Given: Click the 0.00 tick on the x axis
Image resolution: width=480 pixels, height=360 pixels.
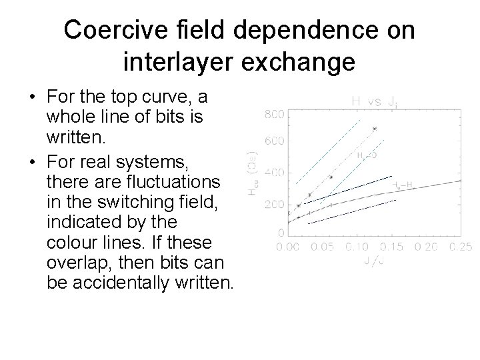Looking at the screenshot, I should pos(289,247).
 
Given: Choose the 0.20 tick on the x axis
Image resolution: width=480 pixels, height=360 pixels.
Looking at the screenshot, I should pos(426,247).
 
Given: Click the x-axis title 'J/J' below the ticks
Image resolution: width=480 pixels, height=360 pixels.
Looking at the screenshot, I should pos(375,261).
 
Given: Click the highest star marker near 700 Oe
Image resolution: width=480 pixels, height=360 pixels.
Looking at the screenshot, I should pos(374,128).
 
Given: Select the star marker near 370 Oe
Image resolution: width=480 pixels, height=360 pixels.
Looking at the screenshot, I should pos(330,177).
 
